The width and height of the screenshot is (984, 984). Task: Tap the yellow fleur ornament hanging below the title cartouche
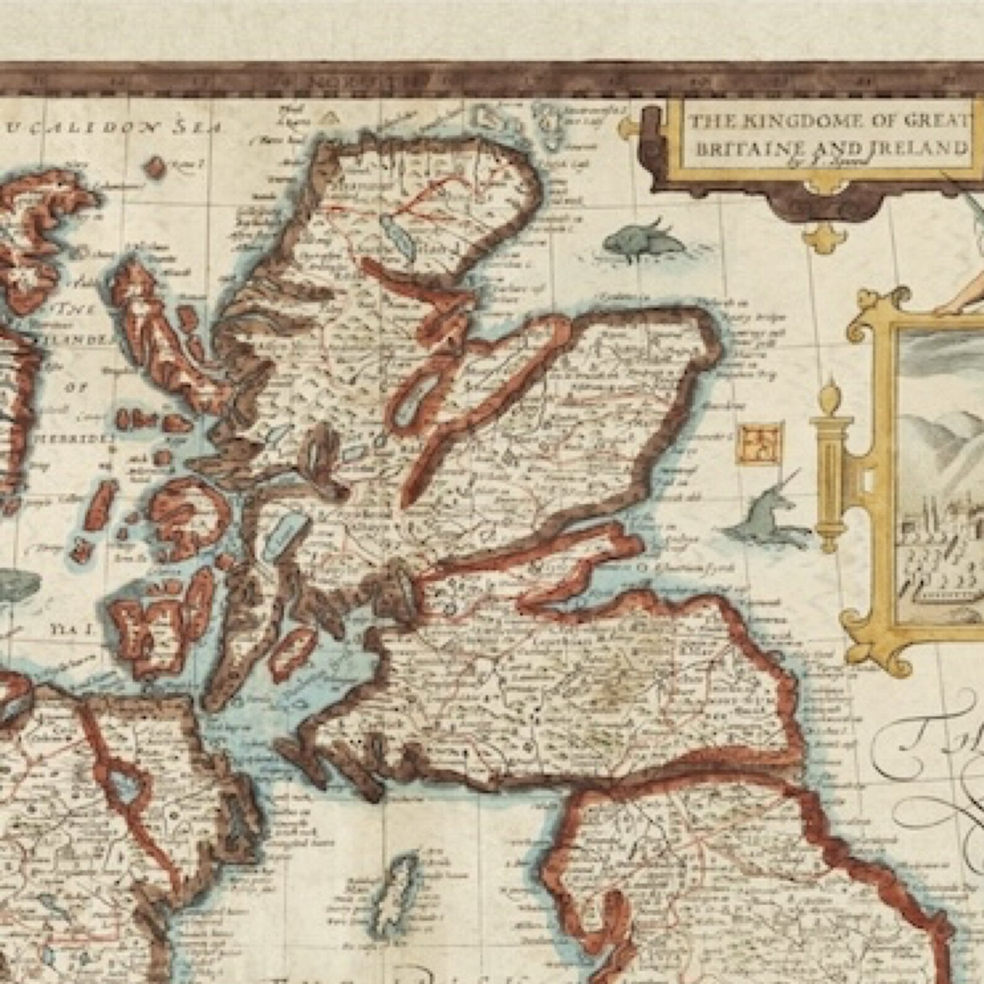[817, 234]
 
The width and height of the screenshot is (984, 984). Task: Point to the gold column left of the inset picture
[829, 471]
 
